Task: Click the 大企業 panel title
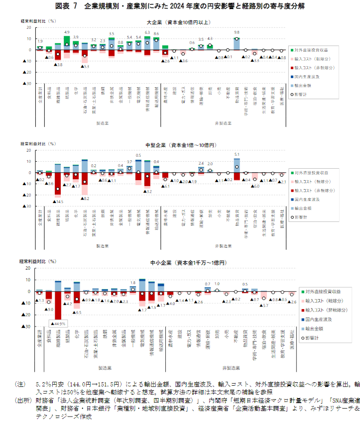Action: (x=179, y=23)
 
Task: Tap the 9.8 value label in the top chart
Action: (x=237, y=33)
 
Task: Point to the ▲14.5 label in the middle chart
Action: (x=59, y=202)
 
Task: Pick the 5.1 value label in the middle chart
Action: (x=237, y=154)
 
